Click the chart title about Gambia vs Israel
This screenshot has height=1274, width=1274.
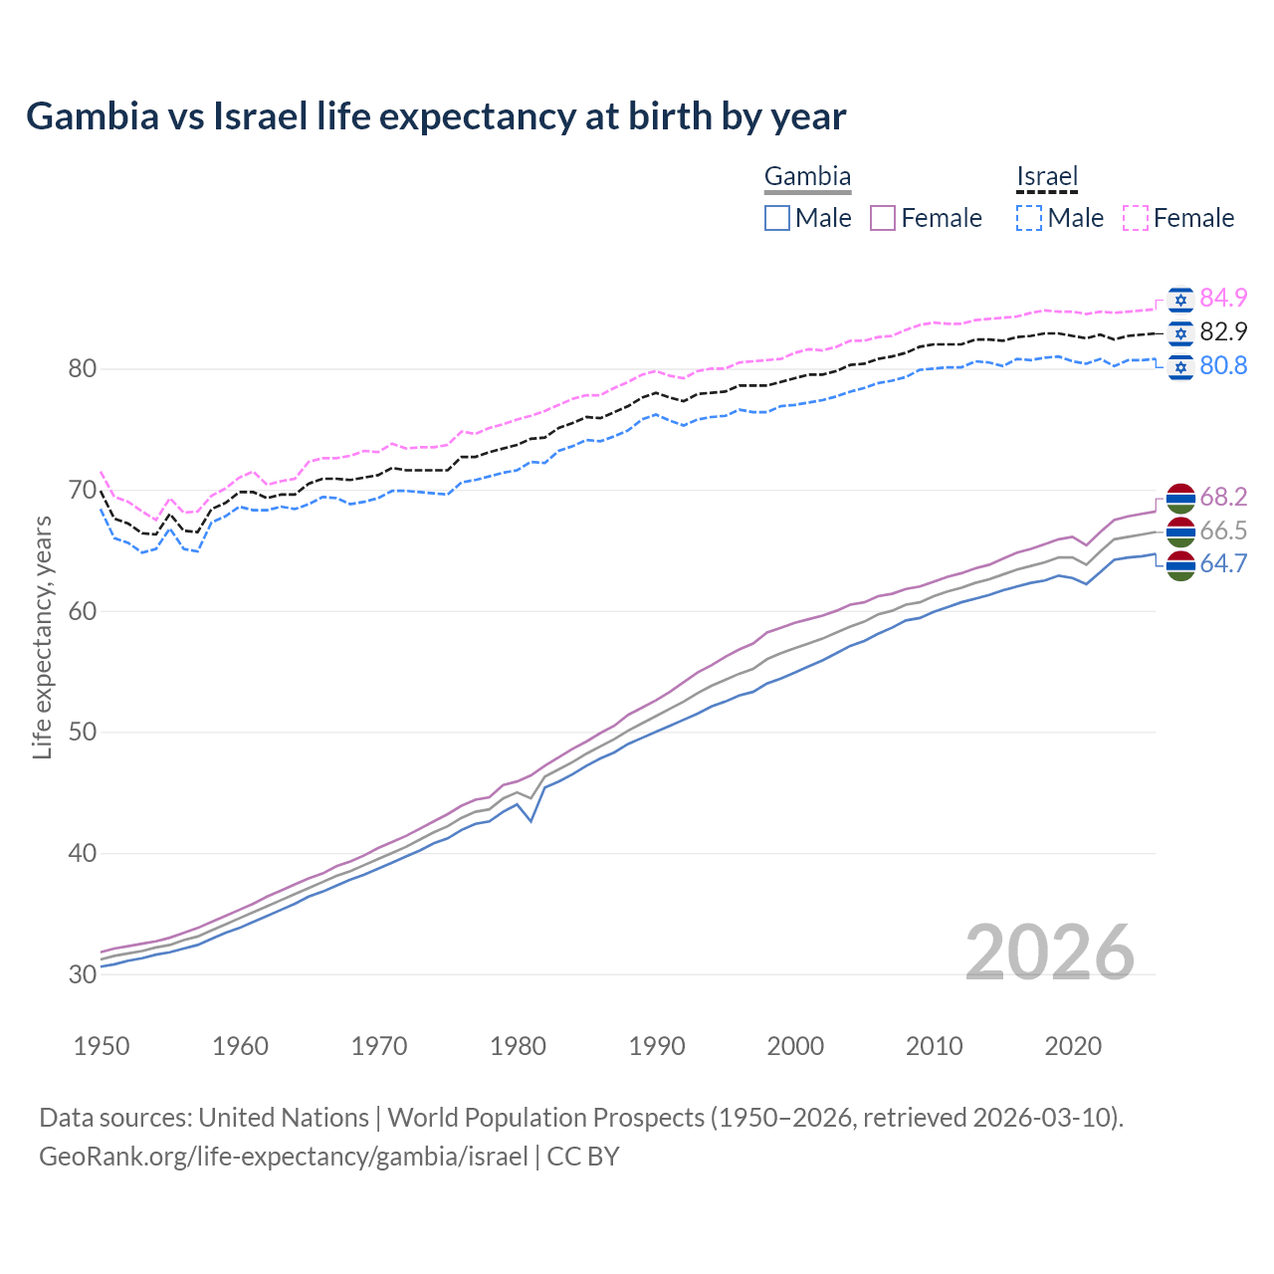436,116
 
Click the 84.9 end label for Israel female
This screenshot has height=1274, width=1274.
1223,298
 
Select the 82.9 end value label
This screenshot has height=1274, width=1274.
1223,331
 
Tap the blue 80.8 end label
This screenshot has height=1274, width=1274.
1223,365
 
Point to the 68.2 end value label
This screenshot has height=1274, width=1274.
1223,497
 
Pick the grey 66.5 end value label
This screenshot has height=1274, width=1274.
1223,531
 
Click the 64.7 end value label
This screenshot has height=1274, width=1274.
1223,564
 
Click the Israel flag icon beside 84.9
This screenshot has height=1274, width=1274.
1180,299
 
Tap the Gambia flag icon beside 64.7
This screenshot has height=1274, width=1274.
1180,565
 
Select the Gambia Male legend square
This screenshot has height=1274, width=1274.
777,218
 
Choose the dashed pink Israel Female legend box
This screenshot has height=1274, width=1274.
1136,218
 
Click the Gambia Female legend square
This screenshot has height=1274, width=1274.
883,218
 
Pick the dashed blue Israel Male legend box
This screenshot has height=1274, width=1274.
1029,218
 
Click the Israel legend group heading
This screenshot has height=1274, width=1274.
1047,177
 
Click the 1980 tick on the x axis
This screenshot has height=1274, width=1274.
518,1046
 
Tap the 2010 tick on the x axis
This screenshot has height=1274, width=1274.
934,1046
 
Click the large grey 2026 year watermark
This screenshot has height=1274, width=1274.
1049,953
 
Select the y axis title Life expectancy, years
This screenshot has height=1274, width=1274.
43,637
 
